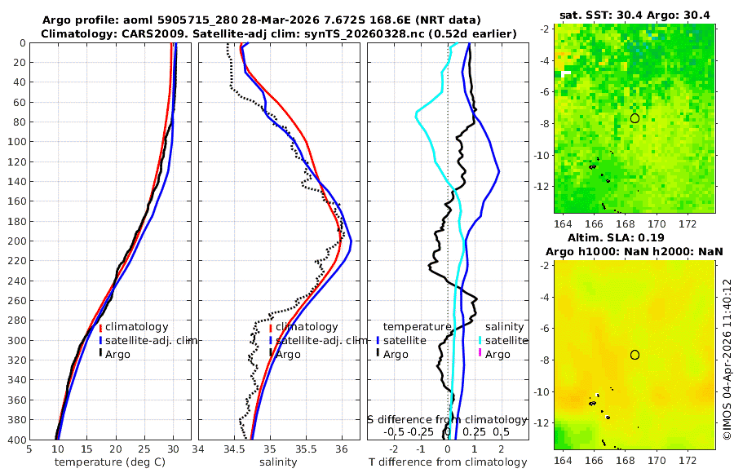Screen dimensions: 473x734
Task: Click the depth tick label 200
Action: point(16,241)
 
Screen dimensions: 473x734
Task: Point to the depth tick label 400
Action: point(16,440)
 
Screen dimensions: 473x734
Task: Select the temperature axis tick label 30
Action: point(174,449)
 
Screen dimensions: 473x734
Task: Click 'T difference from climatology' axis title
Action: point(449,462)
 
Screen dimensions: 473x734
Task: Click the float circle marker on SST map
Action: point(635,118)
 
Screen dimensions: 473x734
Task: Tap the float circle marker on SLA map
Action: point(635,355)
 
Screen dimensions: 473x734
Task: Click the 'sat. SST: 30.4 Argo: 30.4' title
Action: point(635,15)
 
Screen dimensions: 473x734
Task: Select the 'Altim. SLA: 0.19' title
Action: point(635,237)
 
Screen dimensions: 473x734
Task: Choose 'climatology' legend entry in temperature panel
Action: point(136,326)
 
